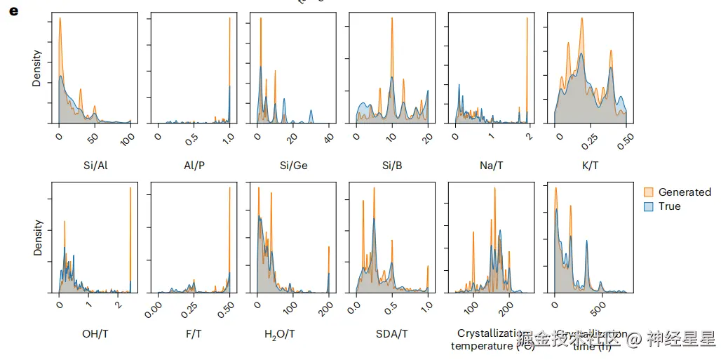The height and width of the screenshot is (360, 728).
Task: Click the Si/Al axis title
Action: pyautogui.click(x=95, y=166)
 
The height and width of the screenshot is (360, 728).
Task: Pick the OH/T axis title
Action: pyautogui.click(x=95, y=334)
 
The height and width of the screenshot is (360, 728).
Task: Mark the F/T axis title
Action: pyautogui.click(x=194, y=334)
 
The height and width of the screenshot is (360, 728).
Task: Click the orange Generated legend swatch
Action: pyautogui.click(x=649, y=192)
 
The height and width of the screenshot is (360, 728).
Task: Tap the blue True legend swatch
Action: pyautogui.click(x=649, y=206)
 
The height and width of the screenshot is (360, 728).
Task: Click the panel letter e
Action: pyautogui.click(x=13, y=12)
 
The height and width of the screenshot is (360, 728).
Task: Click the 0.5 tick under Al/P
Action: pyautogui.click(x=191, y=138)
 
